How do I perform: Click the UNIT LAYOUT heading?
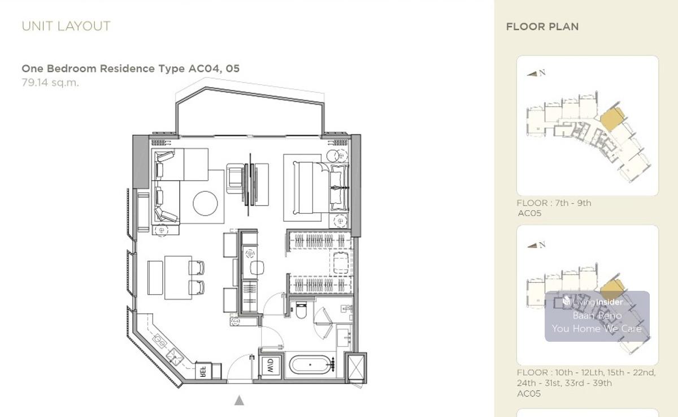click(x=66, y=27)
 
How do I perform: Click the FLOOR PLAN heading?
click(x=542, y=27)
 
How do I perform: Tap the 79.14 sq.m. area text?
click(x=50, y=83)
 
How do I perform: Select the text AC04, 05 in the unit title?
click(x=214, y=68)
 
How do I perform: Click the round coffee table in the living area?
click(x=205, y=203)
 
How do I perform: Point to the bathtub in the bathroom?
click(x=310, y=364)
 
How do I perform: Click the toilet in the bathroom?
click(x=301, y=309)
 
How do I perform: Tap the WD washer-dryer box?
click(x=271, y=366)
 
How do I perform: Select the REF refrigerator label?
click(x=203, y=371)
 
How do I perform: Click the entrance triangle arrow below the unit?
click(x=239, y=401)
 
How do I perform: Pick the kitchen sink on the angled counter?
click(x=175, y=356)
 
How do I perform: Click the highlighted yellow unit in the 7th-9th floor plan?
click(x=612, y=119)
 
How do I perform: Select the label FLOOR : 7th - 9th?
click(x=554, y=203)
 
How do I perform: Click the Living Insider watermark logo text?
click(x=593, y=302)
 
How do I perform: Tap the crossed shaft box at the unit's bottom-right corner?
click(x=356, y=367)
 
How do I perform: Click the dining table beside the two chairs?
click(x=178, y=278)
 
